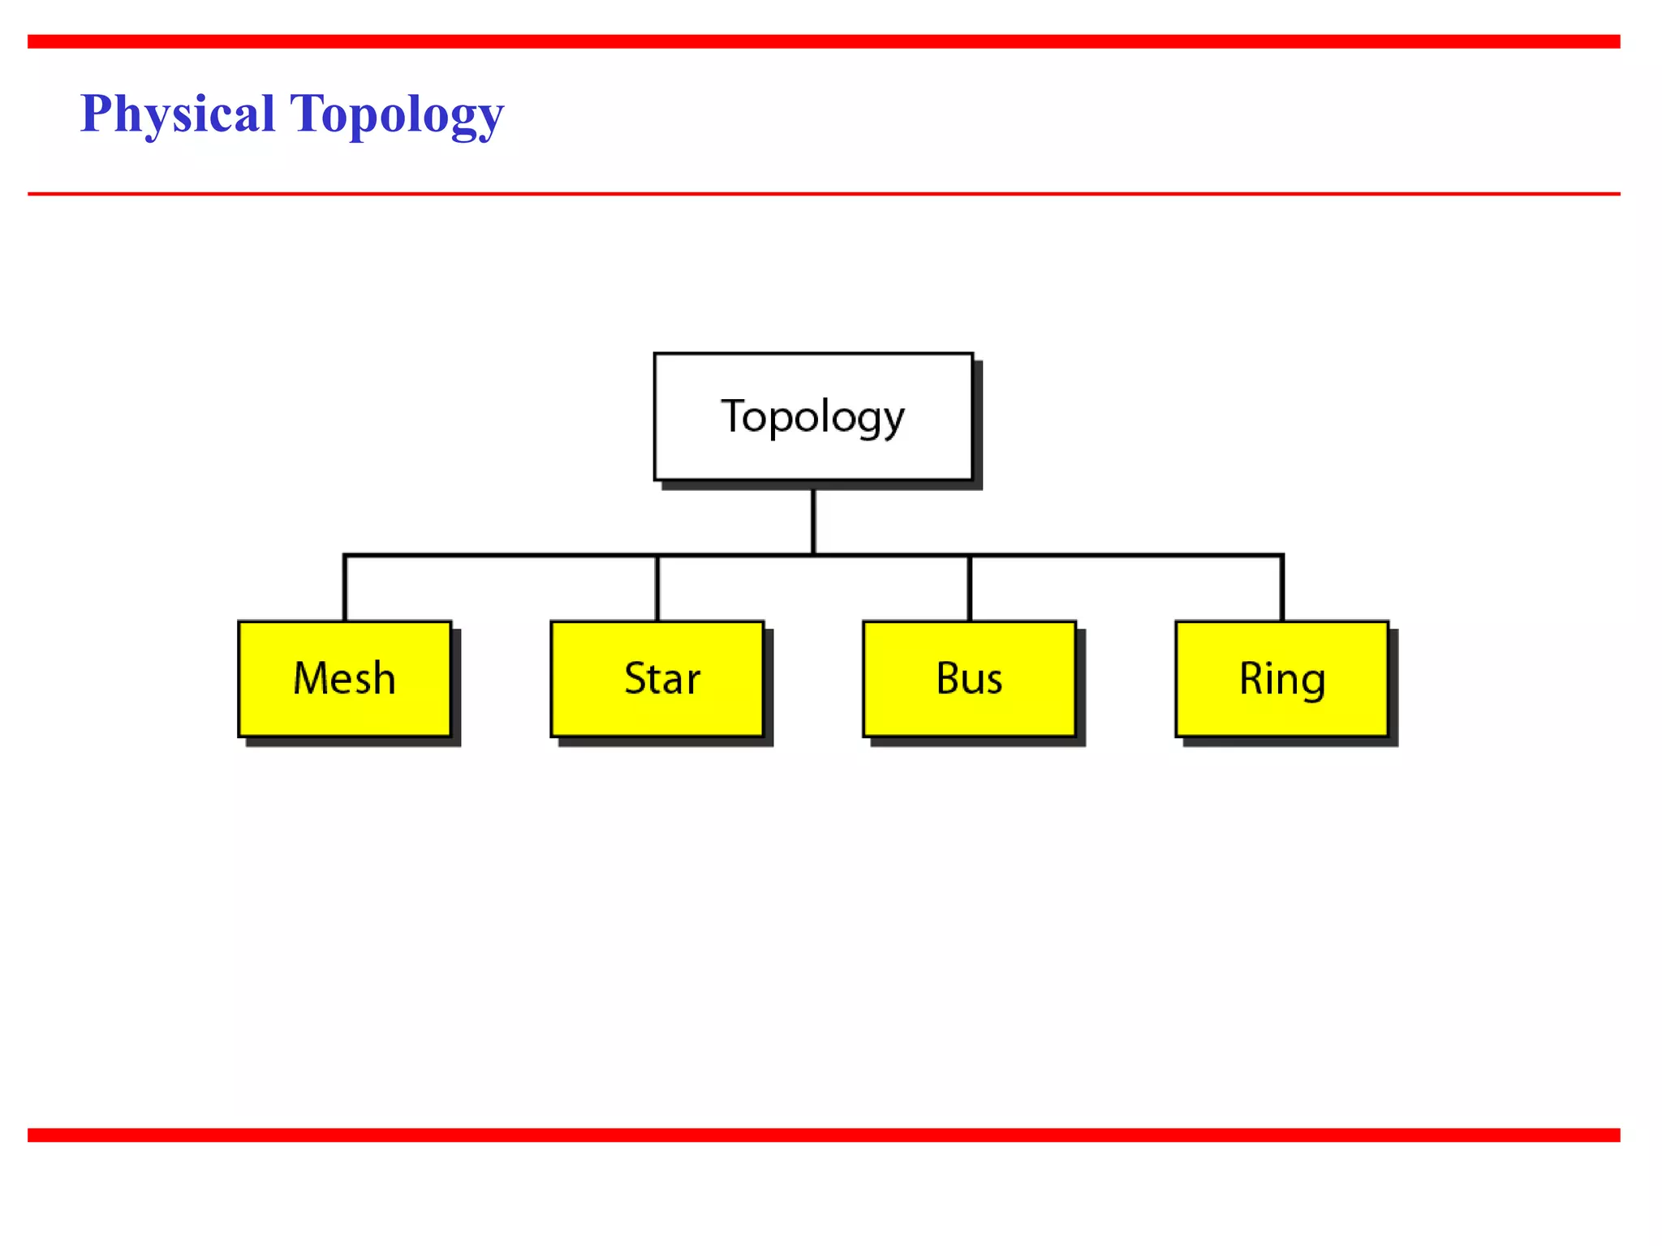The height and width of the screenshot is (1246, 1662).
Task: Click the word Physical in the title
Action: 178,114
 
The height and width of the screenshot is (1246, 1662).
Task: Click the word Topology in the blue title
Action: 397,114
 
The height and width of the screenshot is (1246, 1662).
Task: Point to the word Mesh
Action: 344,678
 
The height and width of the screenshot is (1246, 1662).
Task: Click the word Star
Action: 662,678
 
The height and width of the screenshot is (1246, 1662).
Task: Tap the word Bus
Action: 969,678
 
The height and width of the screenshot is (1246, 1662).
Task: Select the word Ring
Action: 1282,678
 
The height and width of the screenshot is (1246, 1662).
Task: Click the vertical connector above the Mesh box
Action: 345,588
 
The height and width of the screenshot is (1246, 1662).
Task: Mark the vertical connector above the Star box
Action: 657,588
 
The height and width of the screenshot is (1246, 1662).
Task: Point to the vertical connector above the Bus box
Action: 970,588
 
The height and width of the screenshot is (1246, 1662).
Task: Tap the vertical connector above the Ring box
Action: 1282,588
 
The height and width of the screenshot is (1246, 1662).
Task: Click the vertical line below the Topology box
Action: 813,521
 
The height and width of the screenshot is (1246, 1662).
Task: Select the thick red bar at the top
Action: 824,41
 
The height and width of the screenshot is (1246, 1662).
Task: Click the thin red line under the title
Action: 824,194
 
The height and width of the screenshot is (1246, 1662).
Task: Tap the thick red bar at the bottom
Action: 824,1135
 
